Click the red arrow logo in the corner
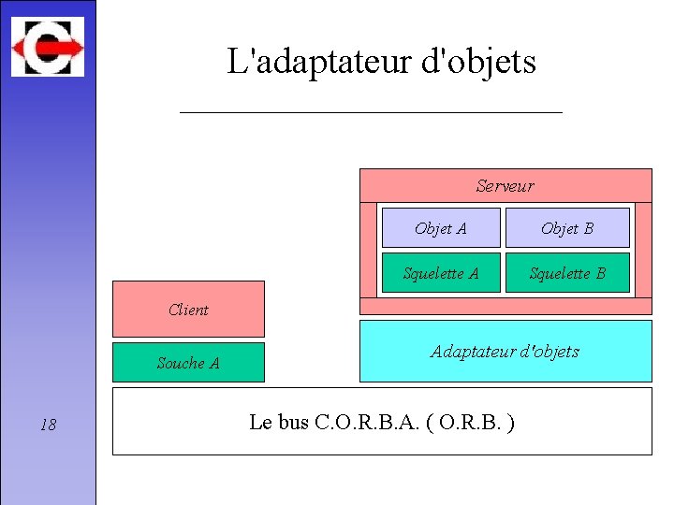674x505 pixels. tap(47, 47)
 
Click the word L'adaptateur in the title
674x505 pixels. tap(308, 63)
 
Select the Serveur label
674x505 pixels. tap(505, 186)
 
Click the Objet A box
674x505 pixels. tap(441, 228)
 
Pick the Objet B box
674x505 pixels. tap(567, 228)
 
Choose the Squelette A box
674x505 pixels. tap(441, 273)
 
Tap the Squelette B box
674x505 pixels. tap(567, 273)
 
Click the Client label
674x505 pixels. tap(188, 310)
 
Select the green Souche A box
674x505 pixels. tap(188, 363)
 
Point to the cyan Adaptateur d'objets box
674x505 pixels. tap(505, 352)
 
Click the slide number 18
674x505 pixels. tap(49, 426)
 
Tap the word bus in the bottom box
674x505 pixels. tap(294, 423)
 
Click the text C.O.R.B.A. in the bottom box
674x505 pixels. tap(360, 423)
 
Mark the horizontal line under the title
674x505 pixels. tap(371, 112)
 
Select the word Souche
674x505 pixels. tap(181, 363)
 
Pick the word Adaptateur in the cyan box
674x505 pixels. tap(472, 352)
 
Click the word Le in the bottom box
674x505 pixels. tap(261, 423)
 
